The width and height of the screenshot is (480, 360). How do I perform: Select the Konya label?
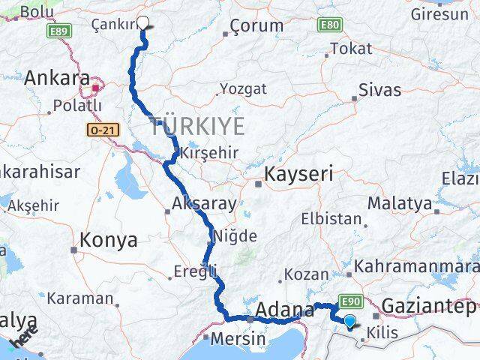(x=109, y=241)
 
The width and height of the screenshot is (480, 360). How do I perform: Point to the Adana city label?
(x=284, y=309)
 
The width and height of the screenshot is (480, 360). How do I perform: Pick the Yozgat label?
(x=243, y=88)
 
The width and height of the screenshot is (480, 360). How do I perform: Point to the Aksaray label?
(x=204, y=203)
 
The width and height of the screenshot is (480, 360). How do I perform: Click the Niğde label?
(x=235, y=236)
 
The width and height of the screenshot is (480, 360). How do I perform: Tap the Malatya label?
(x=399, y=203)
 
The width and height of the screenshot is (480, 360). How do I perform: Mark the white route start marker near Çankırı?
(x=143, y=23)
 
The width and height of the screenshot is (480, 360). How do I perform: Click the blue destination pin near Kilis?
(x=349, y=322)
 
